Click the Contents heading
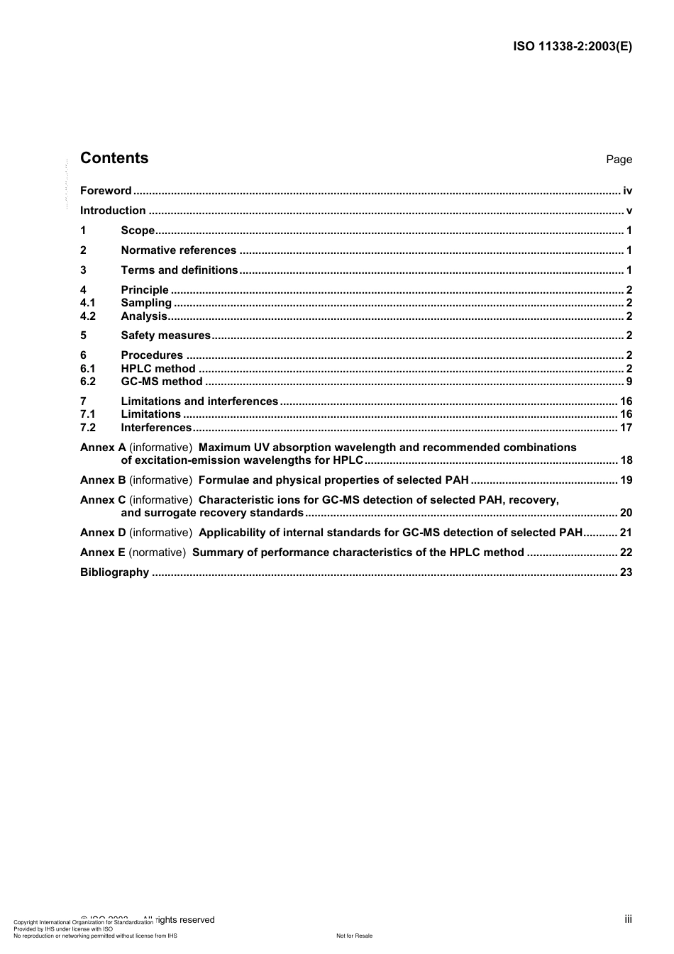(114, 158)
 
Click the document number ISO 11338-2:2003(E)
(572, 47)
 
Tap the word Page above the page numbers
(619, 160)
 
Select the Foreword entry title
(106, 191)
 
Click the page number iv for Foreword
(627, 191)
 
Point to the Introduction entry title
(113, 211)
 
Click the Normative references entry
(178, 250)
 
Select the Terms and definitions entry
(179, 270)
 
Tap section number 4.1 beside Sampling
(88, 303)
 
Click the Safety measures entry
(165, 335)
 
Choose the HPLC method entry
(158, 369)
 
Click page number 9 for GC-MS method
(629, 382)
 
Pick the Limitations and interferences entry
(199, 401)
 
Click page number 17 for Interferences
(626, 428)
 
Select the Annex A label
(103, 448)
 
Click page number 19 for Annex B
(626, 480)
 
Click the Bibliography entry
(114, 572)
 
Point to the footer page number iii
(628, 919)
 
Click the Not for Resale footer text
(354, 936)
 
